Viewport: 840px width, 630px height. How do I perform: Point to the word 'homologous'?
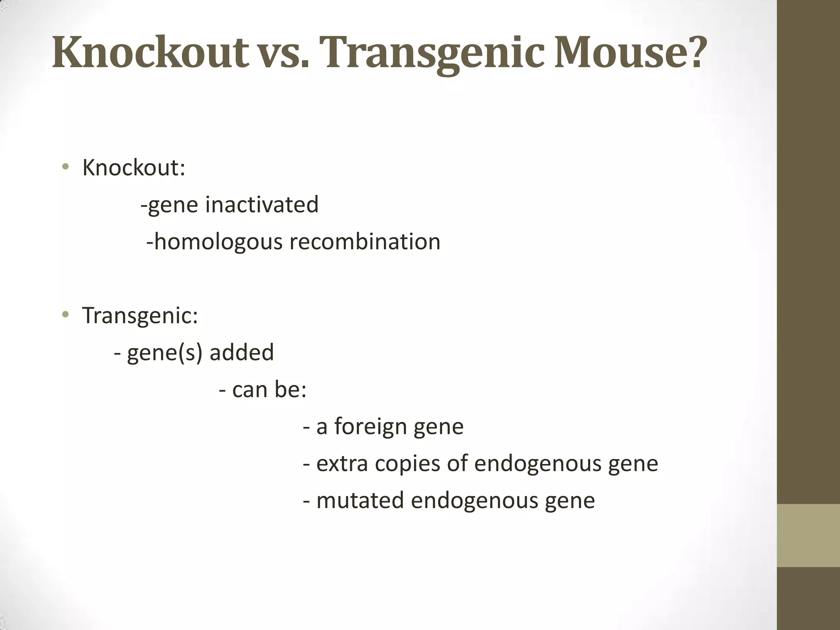[218, 242]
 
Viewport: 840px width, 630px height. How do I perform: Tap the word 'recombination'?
[365, 242]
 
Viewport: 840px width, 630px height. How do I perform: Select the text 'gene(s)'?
[164, 353]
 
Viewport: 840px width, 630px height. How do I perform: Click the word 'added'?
[242, 352]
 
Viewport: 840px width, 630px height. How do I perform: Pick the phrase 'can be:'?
[269, 389]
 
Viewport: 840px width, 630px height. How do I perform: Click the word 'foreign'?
[370, 427]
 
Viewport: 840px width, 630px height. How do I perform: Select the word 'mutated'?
[360, 500]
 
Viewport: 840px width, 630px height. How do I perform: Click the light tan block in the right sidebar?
[808, 535]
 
